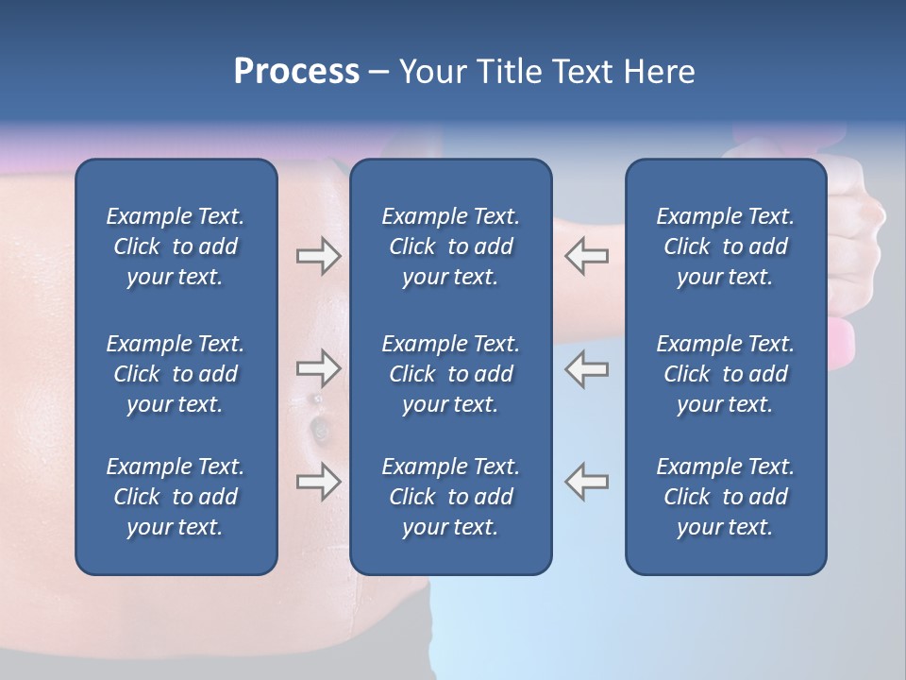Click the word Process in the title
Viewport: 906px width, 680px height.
tap(296, 72)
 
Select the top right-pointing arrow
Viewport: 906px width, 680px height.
tap(318, 256)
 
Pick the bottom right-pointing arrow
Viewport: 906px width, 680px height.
tap(318, 481)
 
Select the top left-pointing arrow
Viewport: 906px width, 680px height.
tap(586, 256)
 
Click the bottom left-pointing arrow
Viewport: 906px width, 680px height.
tap(586, 481)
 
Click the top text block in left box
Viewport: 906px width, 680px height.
tap(176, 246)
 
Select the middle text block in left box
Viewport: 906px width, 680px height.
tap(176, 374)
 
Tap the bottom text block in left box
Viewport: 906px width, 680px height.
tap(176, 497)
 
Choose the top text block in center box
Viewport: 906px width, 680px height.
tap(450, 246)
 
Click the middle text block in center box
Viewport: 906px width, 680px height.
tap(450, 374)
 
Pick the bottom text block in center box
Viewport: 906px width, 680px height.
tap(450, 497)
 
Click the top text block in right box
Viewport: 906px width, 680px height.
tap(726, 246)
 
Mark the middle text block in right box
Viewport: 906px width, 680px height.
tap(726, 374)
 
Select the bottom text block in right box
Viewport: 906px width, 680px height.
tap(726, 497)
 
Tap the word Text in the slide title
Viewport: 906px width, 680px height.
tap(577, 72)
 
